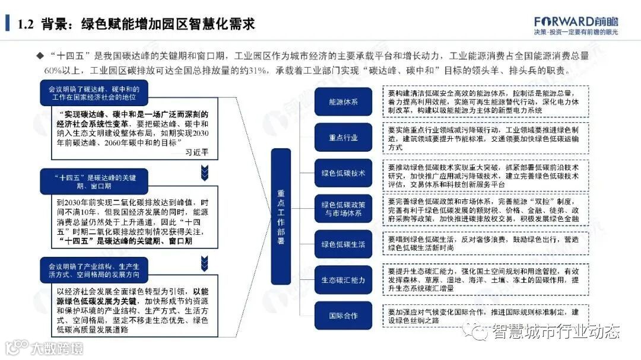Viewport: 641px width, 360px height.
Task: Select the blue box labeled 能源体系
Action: pos(343,102)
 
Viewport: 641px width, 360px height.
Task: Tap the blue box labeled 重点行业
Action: pos(343,138)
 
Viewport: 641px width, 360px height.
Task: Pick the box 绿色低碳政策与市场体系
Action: pos(343,208)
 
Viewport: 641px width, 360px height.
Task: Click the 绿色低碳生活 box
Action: pos(343,244)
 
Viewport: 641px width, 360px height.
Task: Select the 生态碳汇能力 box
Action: pos(343,280)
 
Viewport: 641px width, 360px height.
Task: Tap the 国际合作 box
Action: pos(343,316)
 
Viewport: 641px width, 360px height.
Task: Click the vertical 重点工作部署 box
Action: pos(281,208)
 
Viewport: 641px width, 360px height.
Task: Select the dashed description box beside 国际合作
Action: pos(487,316)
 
